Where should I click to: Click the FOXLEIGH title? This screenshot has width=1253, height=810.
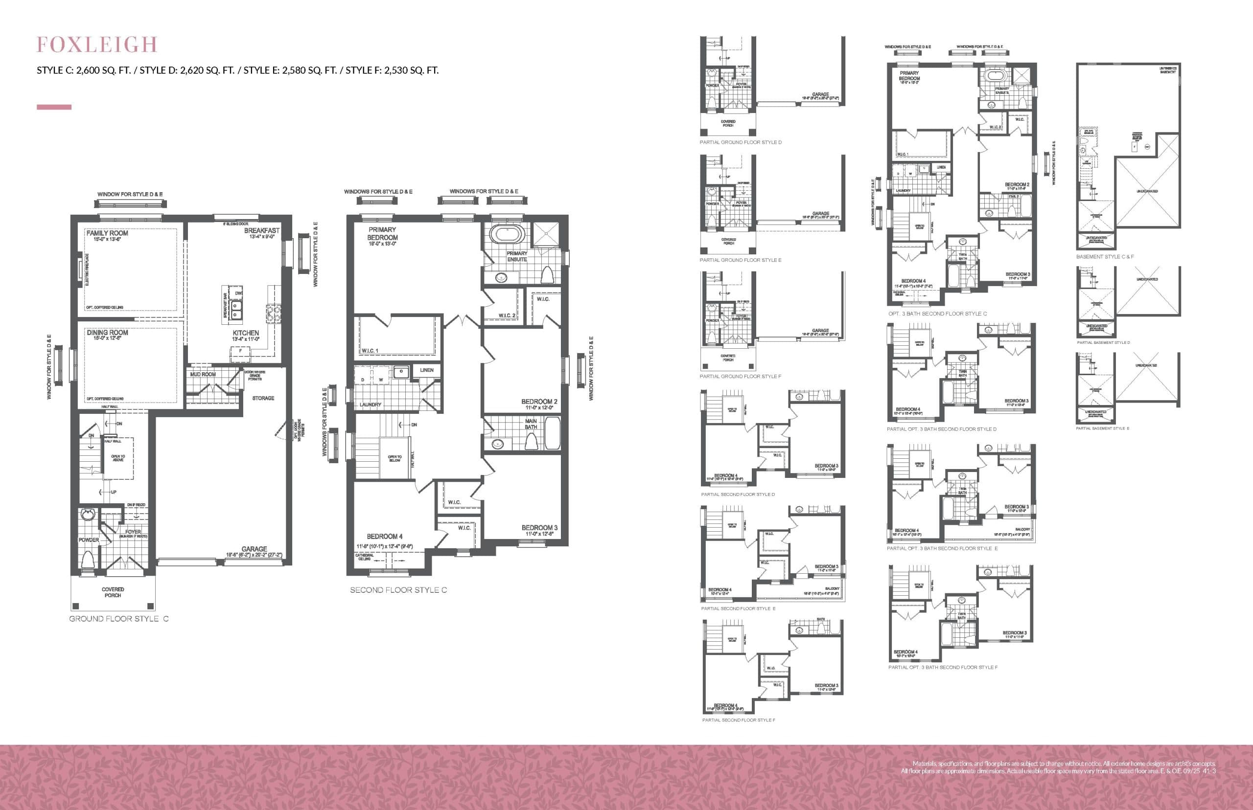[97, 45]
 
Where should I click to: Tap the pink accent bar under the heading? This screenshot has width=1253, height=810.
[54, 107]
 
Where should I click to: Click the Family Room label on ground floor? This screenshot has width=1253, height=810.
[107, 233]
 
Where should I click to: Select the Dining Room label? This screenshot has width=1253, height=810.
[107, 333]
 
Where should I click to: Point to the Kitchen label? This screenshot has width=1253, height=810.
[246, 333]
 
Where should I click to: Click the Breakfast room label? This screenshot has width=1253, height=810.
[261, 231]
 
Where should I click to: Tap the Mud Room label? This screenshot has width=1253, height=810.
[203, 375]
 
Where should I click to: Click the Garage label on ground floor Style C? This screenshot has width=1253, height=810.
[254, 549]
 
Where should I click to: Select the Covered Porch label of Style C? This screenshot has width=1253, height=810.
[113, 592]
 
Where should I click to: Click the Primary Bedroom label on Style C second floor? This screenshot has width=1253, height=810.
[383, 233]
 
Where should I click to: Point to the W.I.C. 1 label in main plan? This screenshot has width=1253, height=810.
[370, 350]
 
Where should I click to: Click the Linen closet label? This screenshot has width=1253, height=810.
[427, 370]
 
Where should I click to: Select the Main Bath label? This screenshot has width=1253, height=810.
[531, 424]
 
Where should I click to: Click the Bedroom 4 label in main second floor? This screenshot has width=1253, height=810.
[385, 537]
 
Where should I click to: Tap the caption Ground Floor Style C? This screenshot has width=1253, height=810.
[119, 619]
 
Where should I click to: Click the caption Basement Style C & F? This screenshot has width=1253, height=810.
[1105, 257]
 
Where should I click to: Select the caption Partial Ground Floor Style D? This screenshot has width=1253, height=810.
[741, 142]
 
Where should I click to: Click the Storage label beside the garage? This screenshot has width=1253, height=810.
[263, 398]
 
